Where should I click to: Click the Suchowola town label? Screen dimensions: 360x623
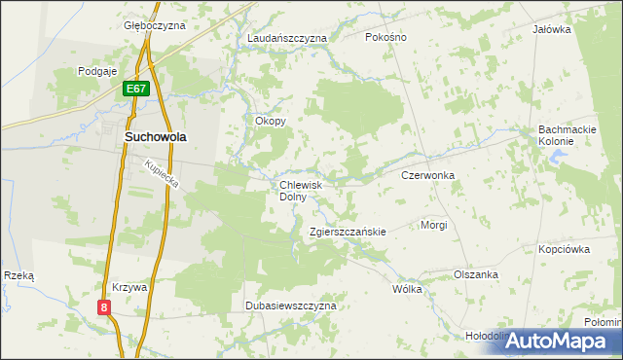(156, 137)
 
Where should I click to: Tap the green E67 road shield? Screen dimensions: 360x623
(136, 90)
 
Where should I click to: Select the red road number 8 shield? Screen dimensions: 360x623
(104, 307)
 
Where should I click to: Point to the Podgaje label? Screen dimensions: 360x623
(97, 71)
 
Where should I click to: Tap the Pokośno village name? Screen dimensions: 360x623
(385, 37)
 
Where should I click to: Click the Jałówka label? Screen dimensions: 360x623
(551, 29)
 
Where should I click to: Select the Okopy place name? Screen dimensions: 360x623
(270, 122)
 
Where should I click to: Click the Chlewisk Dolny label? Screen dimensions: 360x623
(307, 190)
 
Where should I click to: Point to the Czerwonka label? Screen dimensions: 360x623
(428, 175)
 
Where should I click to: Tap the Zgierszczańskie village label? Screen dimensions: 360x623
(348, 232)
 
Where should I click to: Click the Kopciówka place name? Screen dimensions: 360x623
(565, 249)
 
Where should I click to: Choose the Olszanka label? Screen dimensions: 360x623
(476, 274)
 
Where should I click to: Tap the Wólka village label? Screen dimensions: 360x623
(407, 289)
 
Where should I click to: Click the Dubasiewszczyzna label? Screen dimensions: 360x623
(290, 306)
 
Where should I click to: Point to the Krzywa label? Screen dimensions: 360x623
(128, 288)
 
